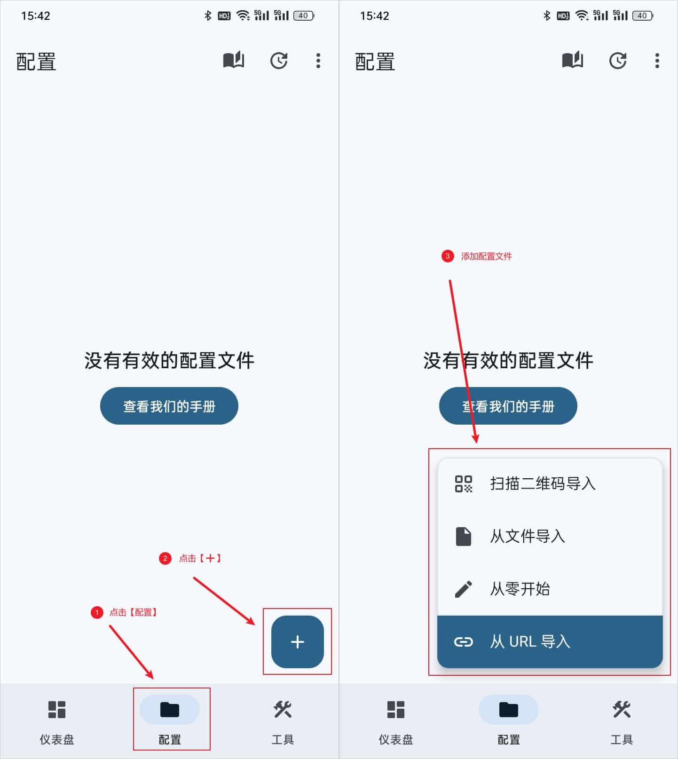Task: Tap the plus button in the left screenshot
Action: tap(297, 641)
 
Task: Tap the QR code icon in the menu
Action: tap(463, 483)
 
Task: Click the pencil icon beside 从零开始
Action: tap(463, 589)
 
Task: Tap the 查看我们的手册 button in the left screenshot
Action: tap(169, 406)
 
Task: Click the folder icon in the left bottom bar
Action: tap(170, 710)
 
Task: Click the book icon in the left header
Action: tap(233, 61)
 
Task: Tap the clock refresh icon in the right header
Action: tap(618, 61)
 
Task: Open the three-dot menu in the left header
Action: tap(318, 61)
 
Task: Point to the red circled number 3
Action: tap(448, 256)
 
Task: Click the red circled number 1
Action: tap(97, 612)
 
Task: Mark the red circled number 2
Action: tap(165, 558)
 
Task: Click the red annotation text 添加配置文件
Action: tap(486, 256)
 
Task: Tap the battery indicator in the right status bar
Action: tap(643, 16)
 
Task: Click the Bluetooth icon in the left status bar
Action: tap(208, 16)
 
